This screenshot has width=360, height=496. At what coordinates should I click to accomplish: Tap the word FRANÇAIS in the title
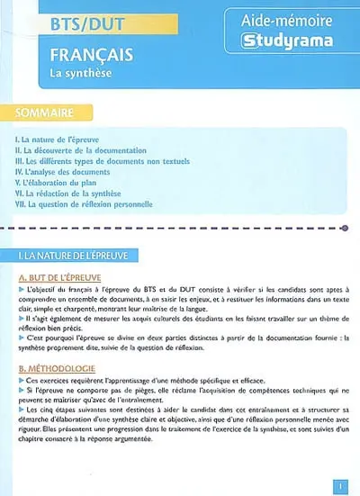coord(91,56)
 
